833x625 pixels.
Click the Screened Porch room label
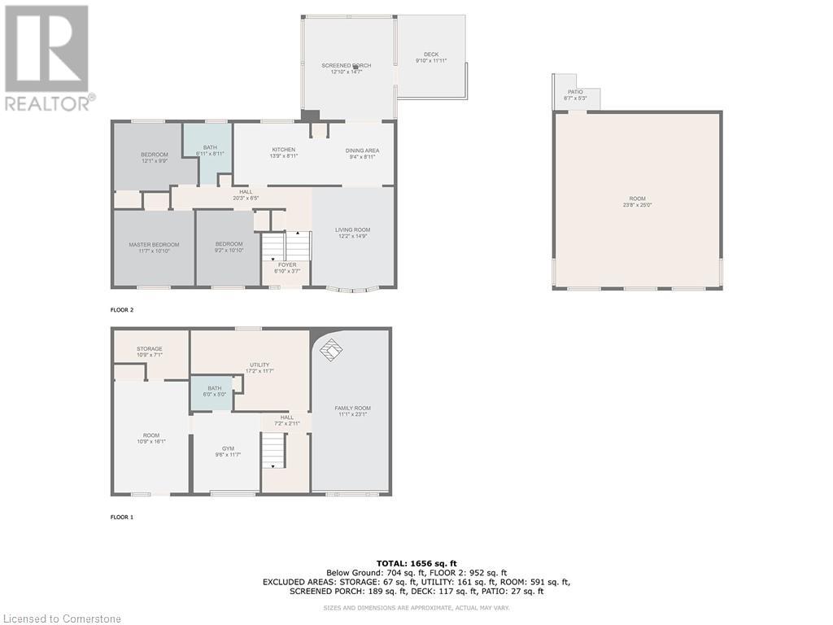tap(347, 68)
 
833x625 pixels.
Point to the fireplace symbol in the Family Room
tap(330, 351)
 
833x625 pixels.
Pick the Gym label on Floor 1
tap(228, 452)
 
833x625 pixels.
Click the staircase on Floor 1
tap(274, 450)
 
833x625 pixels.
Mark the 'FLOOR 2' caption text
tap(123, 310)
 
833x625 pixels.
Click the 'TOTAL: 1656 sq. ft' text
tap(416, 563)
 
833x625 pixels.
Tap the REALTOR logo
tap(49, 57)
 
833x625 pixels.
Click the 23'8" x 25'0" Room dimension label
tap(637, 205)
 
